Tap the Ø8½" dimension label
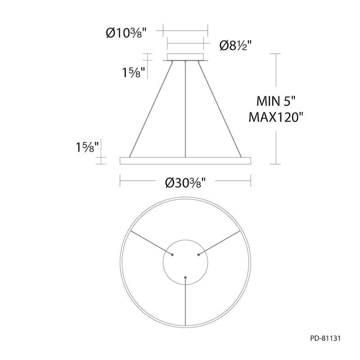coord(235,45)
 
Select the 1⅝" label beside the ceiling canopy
coord(133,72)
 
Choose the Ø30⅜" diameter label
coord(185,183)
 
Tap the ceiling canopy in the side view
coord(185,57)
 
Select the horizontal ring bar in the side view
coord(185,161)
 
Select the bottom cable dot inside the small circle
coord(185,277)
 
